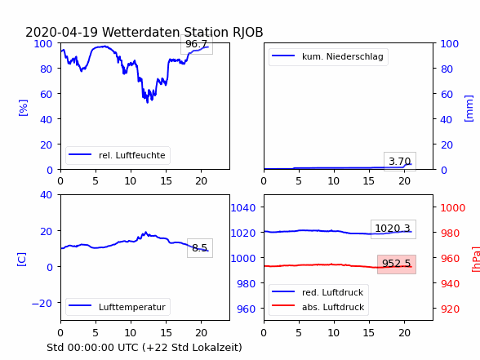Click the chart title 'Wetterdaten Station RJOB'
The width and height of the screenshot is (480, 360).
click(x=183, y=32)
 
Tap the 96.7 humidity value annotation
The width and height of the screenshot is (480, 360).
click(x=197, y=44)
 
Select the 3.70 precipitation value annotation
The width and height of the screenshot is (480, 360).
click(x=400, y=162)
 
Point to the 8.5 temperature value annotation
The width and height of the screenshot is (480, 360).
click(x=200, y=247)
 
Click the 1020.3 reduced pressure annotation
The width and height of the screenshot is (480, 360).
click(x=393, y=229)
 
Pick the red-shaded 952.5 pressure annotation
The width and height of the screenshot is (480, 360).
click(x=397, y=264)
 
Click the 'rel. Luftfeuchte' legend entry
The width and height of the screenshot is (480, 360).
click(x=118, y=155)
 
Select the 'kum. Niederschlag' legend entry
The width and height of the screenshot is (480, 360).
click(x=328, y=56)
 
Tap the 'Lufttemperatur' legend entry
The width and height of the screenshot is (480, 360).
click(x=118, y=307)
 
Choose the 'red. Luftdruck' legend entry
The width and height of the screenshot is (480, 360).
click(x=318, y=292)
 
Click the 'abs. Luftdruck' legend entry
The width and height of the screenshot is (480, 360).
click(x=318, y=307)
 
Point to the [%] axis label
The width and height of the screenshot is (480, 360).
click(x=23, y=108)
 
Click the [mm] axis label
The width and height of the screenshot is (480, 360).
click(x=469, y=109)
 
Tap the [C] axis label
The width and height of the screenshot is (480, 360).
click(x=22, y=260)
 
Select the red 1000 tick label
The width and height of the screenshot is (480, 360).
click(x=453, y=208)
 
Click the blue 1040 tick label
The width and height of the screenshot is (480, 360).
click(x=243, y=208)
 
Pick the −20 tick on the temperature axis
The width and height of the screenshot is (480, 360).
click(x=42, y=304)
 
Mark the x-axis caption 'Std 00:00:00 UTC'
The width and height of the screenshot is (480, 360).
click(x=95, y=348)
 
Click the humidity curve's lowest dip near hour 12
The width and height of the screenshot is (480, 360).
click(x=148, y=102)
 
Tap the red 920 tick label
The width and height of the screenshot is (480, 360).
click(x=450, y=309)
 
